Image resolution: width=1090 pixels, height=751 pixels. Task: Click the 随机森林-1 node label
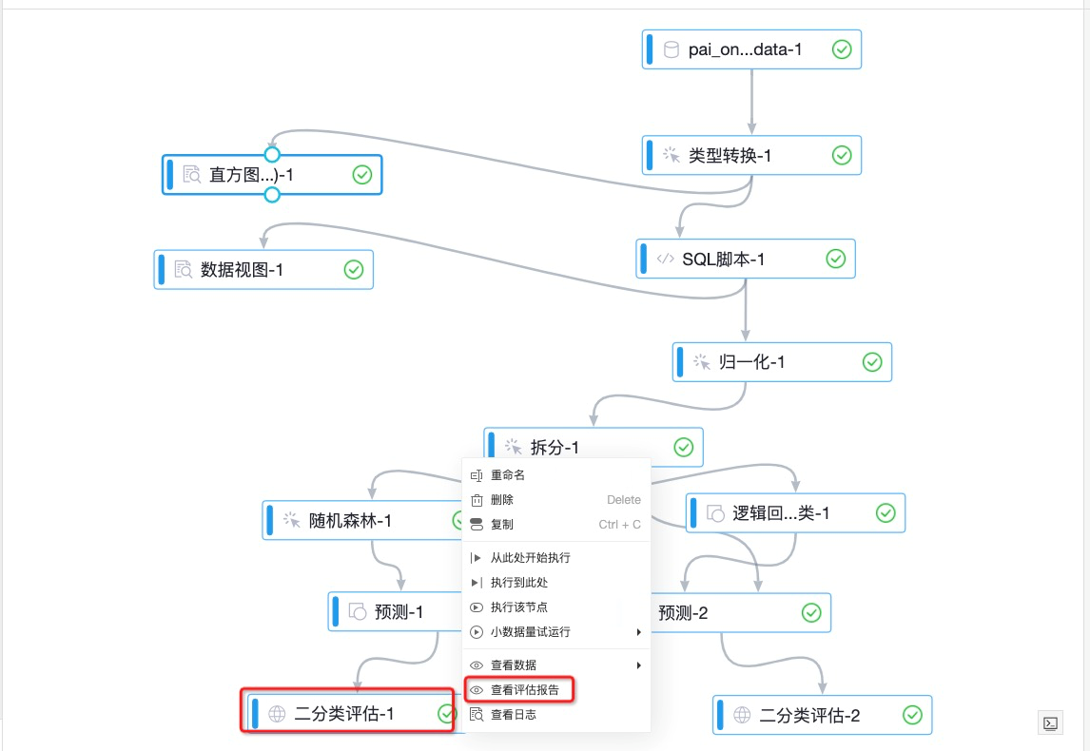[350, 521]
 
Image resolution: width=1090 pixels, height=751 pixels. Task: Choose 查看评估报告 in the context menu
[524, 690]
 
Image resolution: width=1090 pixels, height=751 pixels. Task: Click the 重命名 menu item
[508, 475]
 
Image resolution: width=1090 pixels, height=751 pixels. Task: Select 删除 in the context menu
[502, 500]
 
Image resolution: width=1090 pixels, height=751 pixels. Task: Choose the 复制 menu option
[502, 525]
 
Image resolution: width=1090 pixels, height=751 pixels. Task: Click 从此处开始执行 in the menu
[530, 558]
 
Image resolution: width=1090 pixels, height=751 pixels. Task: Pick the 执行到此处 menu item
[519, 583]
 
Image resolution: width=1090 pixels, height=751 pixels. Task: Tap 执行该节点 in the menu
[518, 607]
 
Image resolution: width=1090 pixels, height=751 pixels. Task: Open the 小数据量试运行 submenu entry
[530, 632]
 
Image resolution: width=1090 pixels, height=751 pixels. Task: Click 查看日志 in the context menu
[513, 715]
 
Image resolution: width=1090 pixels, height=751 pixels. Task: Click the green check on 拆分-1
[683, 448]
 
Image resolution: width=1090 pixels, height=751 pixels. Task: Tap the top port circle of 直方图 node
[272, 154]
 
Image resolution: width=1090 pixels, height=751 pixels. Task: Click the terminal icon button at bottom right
[1050, 722]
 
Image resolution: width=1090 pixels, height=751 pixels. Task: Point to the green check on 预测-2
[810, 613]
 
